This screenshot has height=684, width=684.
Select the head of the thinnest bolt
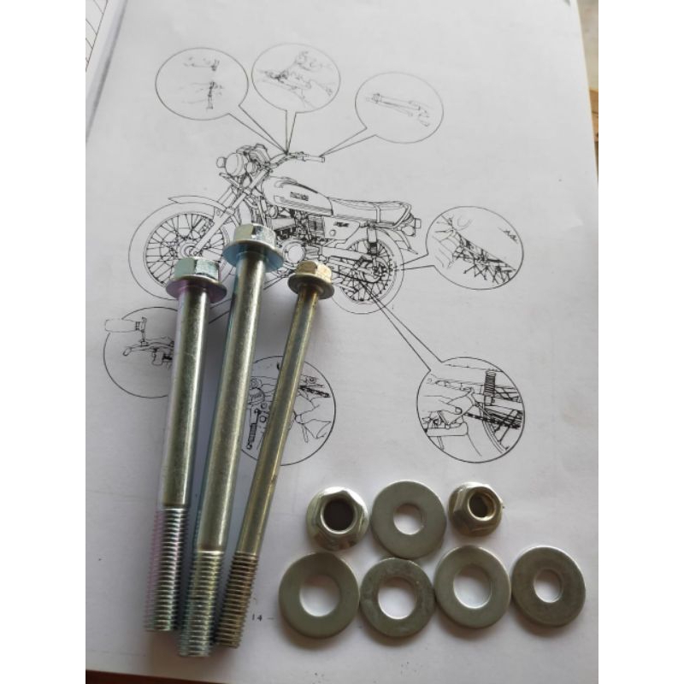point(311,278)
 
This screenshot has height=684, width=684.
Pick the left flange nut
point(337,516)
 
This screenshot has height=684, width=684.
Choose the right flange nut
point(476,508)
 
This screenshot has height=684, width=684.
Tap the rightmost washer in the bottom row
point(547,586)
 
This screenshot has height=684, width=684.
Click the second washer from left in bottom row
point(397,597)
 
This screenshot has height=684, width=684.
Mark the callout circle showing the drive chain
point(475,248)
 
